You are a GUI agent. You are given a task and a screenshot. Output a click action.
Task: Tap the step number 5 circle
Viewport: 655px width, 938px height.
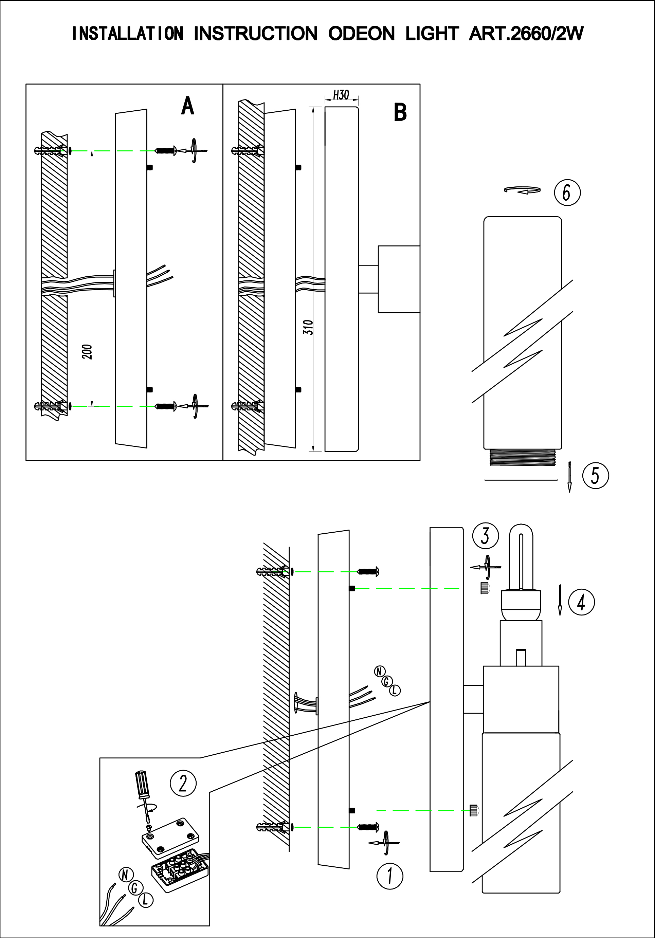595,476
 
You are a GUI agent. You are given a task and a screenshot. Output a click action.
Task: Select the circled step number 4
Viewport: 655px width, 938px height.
581,602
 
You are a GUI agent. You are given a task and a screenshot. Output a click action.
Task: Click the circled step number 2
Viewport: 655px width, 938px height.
183,784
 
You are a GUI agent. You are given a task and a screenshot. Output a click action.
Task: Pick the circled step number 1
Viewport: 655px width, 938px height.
389,876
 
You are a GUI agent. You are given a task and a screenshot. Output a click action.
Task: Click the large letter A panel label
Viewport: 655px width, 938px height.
187,107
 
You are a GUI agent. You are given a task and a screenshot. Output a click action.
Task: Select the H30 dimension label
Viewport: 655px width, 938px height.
341,95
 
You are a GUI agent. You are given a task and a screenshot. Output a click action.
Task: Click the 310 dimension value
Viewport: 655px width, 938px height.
310,328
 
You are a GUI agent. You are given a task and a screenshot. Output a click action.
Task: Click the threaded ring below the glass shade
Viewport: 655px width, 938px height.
522,457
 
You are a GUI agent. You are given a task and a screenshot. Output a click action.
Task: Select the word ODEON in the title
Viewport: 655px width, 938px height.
361,34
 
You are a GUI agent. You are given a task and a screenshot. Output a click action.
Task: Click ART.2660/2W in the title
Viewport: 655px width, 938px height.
526,34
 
